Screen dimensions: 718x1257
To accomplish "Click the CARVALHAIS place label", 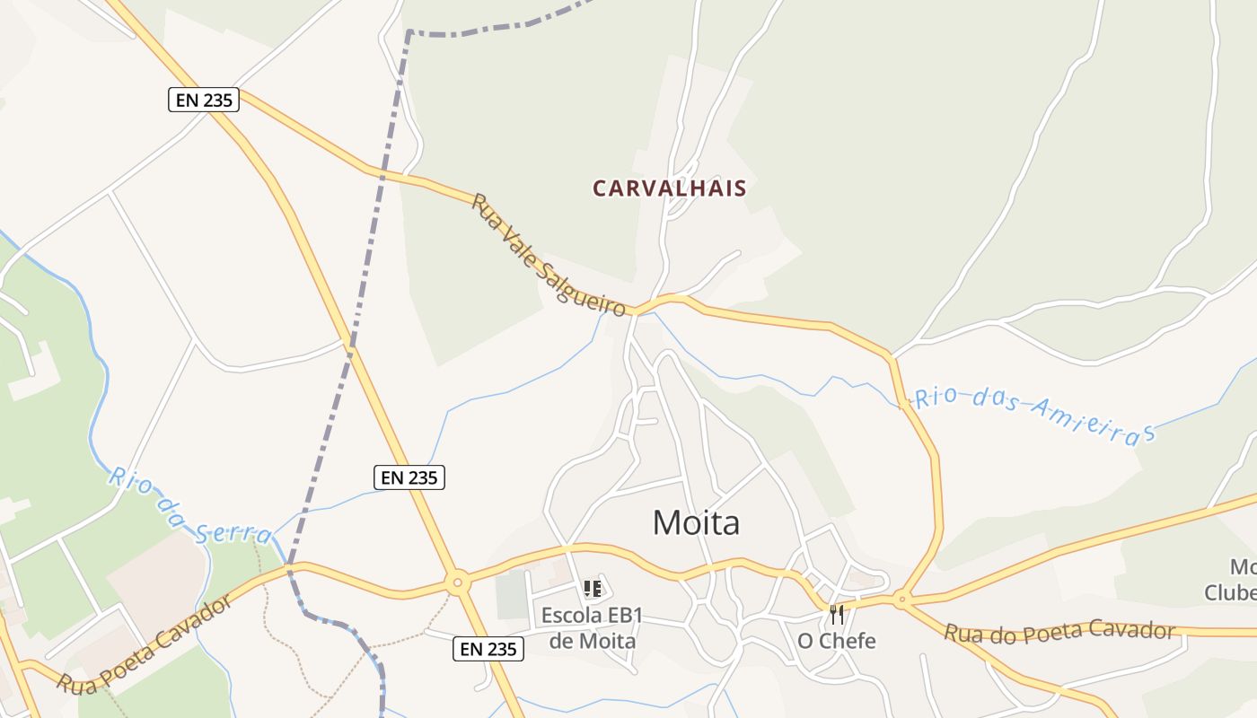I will (669, 188).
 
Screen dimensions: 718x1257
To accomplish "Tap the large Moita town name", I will (696, 522).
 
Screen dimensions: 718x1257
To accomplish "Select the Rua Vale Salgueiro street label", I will (548, 255).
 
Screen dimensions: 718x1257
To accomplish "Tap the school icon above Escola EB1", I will (592, 589).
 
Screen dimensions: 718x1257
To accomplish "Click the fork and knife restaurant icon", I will (837, 615).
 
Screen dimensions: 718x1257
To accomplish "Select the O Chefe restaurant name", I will (836, 642).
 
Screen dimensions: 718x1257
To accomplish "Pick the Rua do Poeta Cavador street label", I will (1059, 631).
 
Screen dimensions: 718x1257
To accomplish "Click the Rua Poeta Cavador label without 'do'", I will (144, 644).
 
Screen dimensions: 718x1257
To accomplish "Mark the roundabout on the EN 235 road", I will (458, 584).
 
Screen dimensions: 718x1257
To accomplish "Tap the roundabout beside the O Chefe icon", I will (901, 599).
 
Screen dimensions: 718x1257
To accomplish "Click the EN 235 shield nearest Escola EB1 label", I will (488, 649).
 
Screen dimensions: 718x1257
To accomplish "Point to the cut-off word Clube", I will (1230, 593).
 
